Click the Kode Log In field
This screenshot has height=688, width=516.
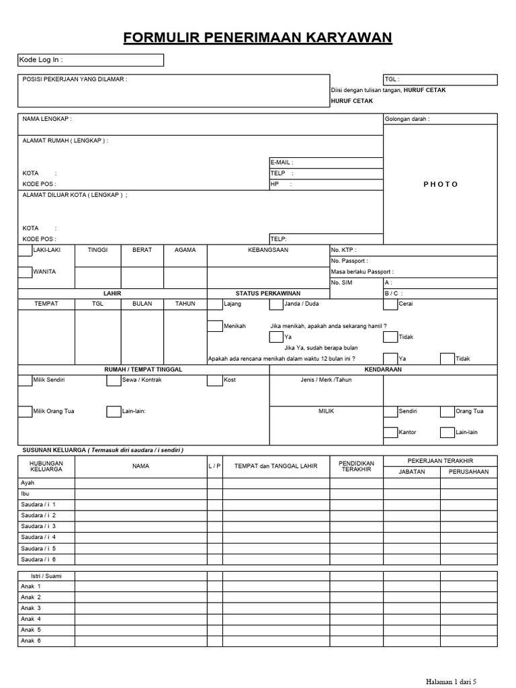pos(91,60)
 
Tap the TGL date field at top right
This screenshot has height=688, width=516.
pos(440,80)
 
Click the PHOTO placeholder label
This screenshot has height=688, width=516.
pos(440,184)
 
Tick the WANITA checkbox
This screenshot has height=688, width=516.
pos(25,272)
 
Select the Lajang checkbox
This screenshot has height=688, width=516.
pos(215,304)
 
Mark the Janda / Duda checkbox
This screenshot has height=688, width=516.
pos(275,304)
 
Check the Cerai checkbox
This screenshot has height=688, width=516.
pos(390,304)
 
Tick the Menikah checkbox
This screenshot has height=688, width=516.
pos(215,327)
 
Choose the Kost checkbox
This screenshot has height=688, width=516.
pos(215,380)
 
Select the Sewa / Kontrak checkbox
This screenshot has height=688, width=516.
pos(113,380)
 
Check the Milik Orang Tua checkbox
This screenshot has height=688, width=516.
pos(25,411)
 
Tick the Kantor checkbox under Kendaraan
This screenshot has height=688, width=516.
pos(390,433)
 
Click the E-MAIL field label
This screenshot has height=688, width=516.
pos(282,163)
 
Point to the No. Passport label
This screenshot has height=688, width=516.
pos(349,261)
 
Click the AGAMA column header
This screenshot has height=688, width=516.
pos(185,250)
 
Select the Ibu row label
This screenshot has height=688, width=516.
pos(26,493)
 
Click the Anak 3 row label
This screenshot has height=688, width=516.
pos(31,608)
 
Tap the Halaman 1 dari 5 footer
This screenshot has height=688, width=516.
pos(451,681)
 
